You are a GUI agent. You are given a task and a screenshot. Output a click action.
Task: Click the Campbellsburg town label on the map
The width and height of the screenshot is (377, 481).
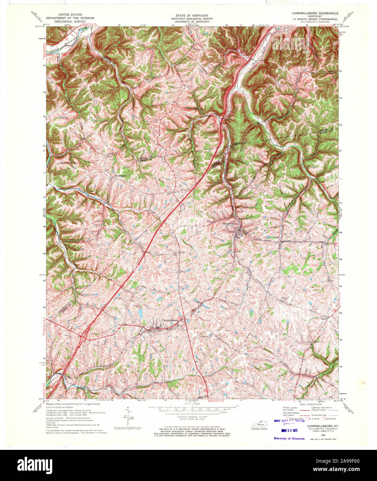(170, 320)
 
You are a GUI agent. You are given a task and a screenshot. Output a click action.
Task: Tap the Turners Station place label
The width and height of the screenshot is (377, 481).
(231, 224)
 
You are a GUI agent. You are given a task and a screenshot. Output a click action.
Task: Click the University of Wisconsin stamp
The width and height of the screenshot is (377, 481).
(289, 438)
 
